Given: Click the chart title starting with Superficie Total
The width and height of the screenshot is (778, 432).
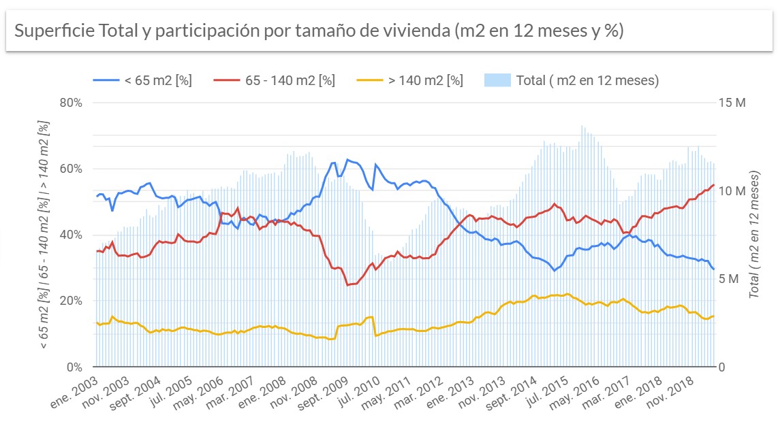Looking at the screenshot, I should (x=319, y=31).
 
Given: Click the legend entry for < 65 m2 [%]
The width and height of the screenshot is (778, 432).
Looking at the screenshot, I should (x=157, y=80).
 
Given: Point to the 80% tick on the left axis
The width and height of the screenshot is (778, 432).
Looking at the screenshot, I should (x=70, y=103).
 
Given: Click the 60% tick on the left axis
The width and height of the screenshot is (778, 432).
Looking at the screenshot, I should (x=70, y=169).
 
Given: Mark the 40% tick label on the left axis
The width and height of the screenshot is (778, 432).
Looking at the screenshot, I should (x=70, y=235).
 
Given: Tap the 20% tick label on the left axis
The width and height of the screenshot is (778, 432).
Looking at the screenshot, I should (x=70, y=301).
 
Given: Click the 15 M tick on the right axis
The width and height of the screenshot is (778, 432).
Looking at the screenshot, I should (x=732, y=103).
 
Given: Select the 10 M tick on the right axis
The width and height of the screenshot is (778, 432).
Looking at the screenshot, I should (x=732, y=190).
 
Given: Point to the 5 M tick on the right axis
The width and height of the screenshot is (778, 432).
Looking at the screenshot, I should (x=732, y=279).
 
